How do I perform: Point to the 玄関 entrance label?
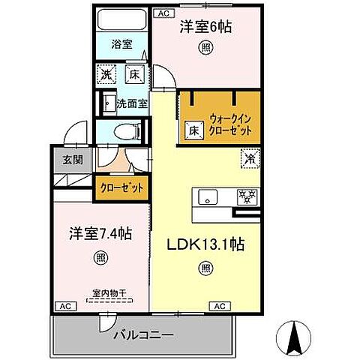click(x=63, y=158)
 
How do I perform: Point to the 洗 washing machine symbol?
click(x=106, y=74)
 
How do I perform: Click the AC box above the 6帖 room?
click(x=163, y=13)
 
